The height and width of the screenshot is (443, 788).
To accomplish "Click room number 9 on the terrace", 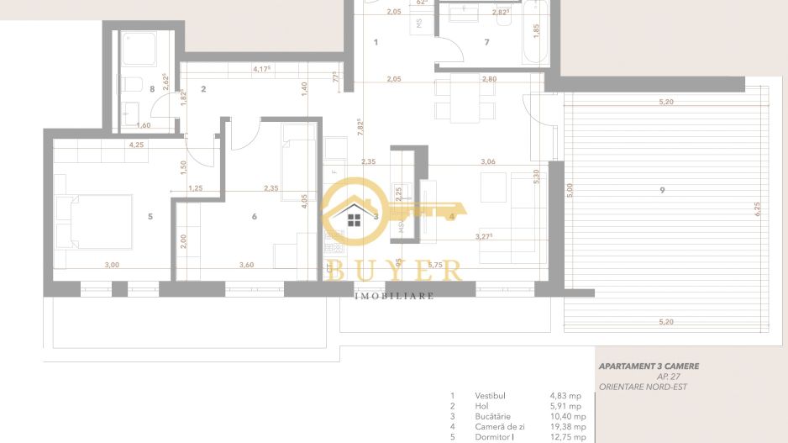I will (x=663, y=191).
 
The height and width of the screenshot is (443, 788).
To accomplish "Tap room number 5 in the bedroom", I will (x=150, y=217).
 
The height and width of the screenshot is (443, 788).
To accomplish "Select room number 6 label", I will (x=254, y=217).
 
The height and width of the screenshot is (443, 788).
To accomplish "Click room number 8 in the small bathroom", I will (x=151, y=87).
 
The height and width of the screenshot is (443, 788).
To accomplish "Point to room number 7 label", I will (x=486, y=41).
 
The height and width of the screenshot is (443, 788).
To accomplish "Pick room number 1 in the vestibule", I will (x=376, y=41).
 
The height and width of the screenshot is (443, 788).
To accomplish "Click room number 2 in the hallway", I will (x=203, y=87).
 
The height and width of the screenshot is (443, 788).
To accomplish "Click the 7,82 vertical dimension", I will (x=359, y=126).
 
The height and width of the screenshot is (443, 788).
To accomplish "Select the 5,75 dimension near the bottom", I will (x=435, y=265).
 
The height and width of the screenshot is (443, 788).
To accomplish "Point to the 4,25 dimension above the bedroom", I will (x=136, y=145).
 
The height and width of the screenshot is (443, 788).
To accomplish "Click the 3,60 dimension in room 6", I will (x=246, y=265).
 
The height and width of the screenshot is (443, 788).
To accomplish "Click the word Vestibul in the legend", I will (x=489, y=395).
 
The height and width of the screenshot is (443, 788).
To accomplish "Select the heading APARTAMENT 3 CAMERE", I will (x=648, y=367).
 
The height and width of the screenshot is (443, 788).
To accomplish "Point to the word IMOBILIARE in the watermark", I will (x=394, y=296).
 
